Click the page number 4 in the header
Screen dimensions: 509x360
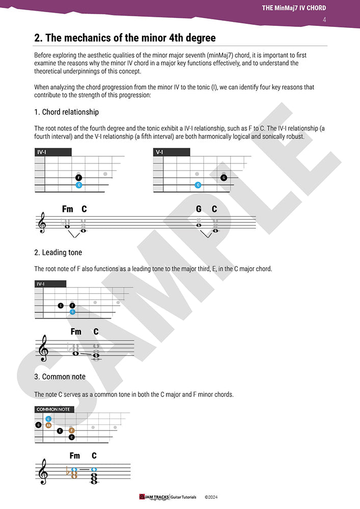(324, 20)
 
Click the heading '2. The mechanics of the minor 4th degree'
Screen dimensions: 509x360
(125, 38)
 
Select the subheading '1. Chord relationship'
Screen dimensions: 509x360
(66, 112)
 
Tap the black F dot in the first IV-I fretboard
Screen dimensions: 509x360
(79, 178)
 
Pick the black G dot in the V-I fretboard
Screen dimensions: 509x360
(224, 178)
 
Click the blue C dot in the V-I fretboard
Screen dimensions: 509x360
(198, 185)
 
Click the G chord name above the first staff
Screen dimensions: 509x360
(199, 209)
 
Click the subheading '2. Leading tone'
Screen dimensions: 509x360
(58, 252)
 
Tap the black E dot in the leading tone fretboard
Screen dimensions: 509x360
(61, 305)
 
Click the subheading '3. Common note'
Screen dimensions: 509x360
(60, 377)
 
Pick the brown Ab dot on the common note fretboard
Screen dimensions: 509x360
(48, 425)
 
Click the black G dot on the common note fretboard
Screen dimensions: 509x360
(38, 425)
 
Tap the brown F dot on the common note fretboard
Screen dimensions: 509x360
(72, 431)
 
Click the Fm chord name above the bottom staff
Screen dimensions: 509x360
(75, 456)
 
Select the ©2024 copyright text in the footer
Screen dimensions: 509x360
(211, 496)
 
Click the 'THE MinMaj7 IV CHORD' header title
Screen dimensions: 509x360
(294, 8)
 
